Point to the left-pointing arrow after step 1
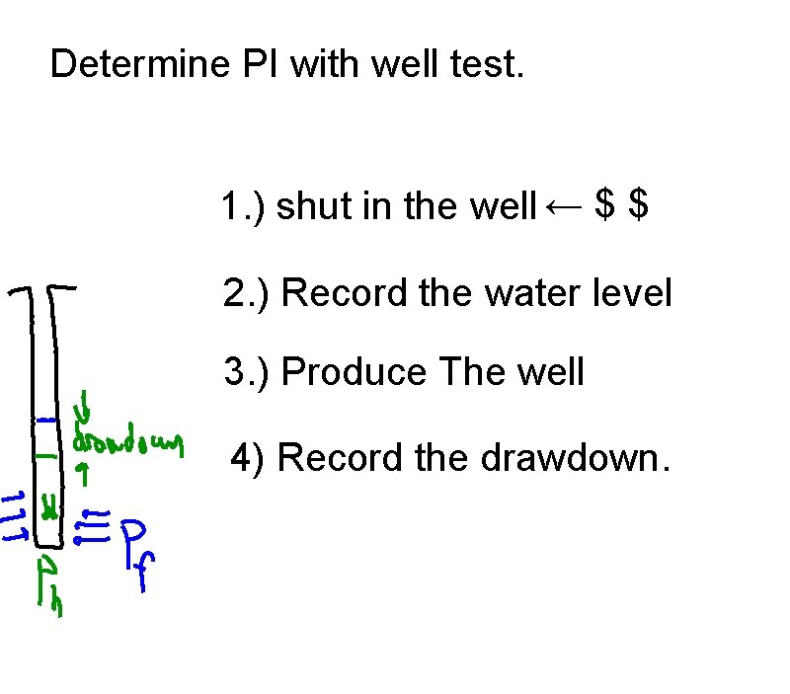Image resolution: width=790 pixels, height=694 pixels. [x=564, y=206]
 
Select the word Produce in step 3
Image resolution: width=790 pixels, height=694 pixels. [x=354, y=372]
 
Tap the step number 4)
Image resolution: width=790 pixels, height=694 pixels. [x=248, y=459]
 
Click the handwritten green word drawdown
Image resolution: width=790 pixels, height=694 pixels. [x=128, y=446]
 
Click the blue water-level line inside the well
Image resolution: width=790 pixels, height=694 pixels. [x=45, y=422]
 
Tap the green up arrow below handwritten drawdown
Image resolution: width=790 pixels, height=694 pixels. [x=84, y=475]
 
